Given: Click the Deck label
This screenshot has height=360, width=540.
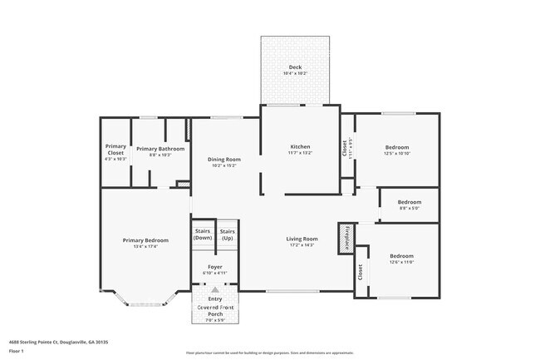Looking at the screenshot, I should pyautogui.click(x=295, y=67).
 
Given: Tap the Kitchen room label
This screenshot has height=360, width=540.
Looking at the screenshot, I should pyautogui.click(x=299, y=146).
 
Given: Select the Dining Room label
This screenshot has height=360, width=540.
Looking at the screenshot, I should pyautogui.click(x=223, y=159).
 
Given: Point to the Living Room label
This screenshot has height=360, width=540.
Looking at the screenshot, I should pyautogui.click(x=302, y=239).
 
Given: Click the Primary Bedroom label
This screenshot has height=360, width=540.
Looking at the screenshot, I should pyautogui.click(x=145, y=240).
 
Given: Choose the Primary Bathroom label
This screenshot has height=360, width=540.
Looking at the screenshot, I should pyautogui.click(x=154, y=149).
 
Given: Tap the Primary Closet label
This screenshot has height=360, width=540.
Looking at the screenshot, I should pyautogui.click(x=115, y=150).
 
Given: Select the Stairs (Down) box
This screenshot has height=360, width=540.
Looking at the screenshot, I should pyautogui.click(x=203, y=234).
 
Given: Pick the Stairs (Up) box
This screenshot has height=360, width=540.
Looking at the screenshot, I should pyautogui.click(x=227, y=234).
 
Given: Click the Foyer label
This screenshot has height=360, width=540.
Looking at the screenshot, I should pyautogui.click(x=215, y=267).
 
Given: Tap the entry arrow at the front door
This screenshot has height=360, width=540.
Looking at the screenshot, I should pyautogui.click(x=215, y=290).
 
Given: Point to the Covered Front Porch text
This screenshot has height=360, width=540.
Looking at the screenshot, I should pyautogui.click(x=215, y=309).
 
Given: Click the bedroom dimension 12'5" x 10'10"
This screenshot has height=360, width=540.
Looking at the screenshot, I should pyautogui.click(x=396, y=153).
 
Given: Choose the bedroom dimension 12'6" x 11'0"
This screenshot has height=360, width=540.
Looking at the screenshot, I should pyautogui.click(x=402, y=262).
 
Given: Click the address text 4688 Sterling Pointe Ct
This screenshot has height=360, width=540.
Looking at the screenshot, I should pyautogui.click(x=58, y=342).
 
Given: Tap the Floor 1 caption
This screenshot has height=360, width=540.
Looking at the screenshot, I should pyautogui.click(x=16, y=351).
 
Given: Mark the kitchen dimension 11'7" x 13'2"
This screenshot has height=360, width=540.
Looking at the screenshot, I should pyautogui.click(x=299, y=153).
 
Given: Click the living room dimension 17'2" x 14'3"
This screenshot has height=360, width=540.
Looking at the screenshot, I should pyautogui.click(x=302, y=245).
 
